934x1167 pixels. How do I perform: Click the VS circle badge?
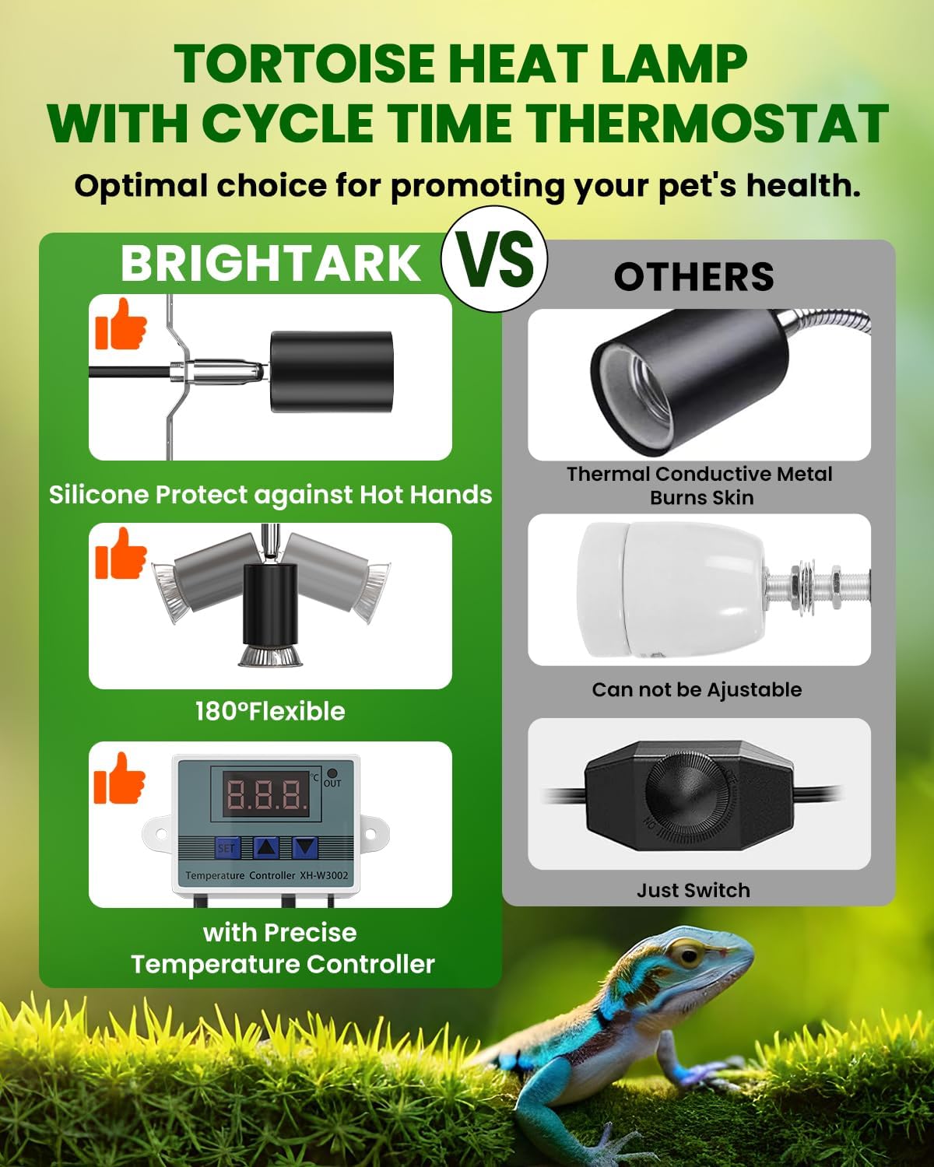[x=494, y=259]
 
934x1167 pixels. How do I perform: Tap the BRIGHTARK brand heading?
[x=270, y=264]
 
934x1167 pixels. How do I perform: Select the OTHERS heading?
[x=693, y=276]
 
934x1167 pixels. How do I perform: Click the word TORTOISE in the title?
[x=304, y=64]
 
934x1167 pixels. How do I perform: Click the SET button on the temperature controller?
[x=226, y=847]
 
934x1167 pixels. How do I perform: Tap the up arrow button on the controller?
[x=266, y=847]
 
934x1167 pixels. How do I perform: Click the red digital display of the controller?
[x=266, y=794]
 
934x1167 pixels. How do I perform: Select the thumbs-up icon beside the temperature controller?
[x=119, y=778]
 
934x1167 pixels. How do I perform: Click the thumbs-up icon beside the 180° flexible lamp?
[x=121, y=553]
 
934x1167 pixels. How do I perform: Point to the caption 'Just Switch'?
[x=693, y=891]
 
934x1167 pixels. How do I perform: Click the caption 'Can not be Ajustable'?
[x=697, y=690]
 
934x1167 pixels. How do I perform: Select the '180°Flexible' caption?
[x=270, y=711]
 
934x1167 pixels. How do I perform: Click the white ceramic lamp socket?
[x=672, y=589]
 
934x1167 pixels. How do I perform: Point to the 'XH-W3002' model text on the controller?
[x=324, y=875]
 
